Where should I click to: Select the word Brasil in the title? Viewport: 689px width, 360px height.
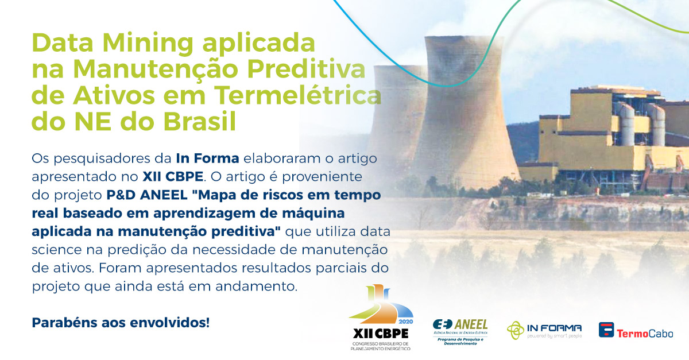(x=200, y=121)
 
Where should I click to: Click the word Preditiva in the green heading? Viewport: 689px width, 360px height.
(x=307, y=69)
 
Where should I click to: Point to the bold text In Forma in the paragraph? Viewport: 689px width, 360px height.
(x=208, y=158)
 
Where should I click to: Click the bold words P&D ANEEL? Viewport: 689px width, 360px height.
(x=147, y=195)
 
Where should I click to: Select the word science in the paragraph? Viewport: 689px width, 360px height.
(x=57, y=250)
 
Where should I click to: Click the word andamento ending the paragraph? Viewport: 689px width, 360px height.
(x=256, y=287)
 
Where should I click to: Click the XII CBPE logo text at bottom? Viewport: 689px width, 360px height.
(x=381, y=334)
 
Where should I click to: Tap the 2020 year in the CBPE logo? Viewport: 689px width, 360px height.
(x=406, y=322)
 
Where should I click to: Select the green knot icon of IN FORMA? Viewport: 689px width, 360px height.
(x=516, y=330)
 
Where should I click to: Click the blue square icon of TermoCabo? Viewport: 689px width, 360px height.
(x=606, y=330)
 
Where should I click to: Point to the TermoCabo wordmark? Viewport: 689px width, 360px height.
(x=645, y=334)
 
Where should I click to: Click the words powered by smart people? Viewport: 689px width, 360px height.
(x=554, y=336)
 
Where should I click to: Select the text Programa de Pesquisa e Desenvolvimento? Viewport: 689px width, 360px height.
(x=460, y=342)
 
